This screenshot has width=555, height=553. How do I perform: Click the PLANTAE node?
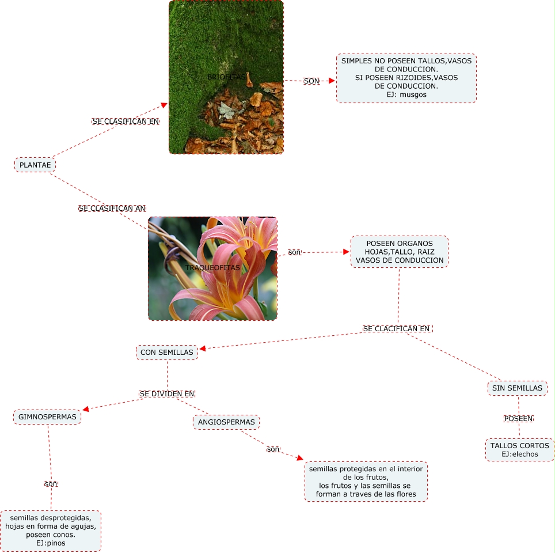35,165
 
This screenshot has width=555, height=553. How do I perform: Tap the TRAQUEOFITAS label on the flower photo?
212,268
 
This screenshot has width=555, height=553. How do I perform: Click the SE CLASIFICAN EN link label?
126,122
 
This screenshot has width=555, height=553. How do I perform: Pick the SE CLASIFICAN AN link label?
112,208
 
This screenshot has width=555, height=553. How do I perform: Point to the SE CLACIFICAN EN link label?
397,328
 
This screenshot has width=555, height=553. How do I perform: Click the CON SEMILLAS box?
167,352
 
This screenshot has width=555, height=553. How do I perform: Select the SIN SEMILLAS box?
517,388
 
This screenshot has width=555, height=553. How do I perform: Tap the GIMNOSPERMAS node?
47,416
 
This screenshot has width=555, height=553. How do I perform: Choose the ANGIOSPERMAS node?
226,422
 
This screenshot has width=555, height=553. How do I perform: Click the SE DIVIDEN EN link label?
167,394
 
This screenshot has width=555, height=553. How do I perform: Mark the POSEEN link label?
518,418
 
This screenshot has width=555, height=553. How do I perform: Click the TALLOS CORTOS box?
520,449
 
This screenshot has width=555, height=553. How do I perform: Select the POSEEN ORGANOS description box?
400,252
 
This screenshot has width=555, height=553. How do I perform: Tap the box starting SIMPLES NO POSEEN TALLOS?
406,78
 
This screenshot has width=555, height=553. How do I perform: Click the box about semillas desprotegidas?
51,531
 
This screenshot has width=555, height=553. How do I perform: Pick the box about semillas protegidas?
366,481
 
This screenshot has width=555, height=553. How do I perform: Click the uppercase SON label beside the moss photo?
311,81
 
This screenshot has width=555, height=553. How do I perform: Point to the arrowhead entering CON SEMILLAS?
202,348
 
